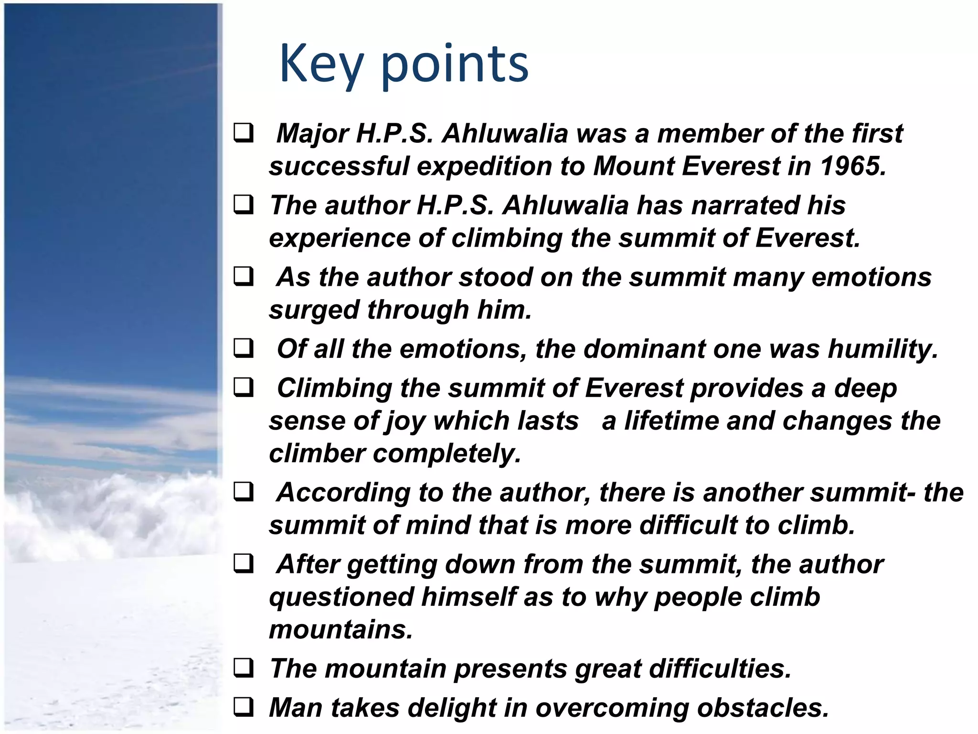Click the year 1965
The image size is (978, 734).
(x=853, y=166)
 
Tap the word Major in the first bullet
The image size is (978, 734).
(x=312, y=133)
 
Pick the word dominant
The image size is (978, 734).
(x=644, y=349)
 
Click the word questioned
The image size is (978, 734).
(x=341, y=597)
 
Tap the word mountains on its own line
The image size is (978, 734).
(x=340, y=629)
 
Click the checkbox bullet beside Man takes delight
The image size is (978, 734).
(x=244, y=707)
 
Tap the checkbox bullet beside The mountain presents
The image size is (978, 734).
(x=244, y=668)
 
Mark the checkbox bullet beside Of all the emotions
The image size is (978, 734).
(x=244, y=348)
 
